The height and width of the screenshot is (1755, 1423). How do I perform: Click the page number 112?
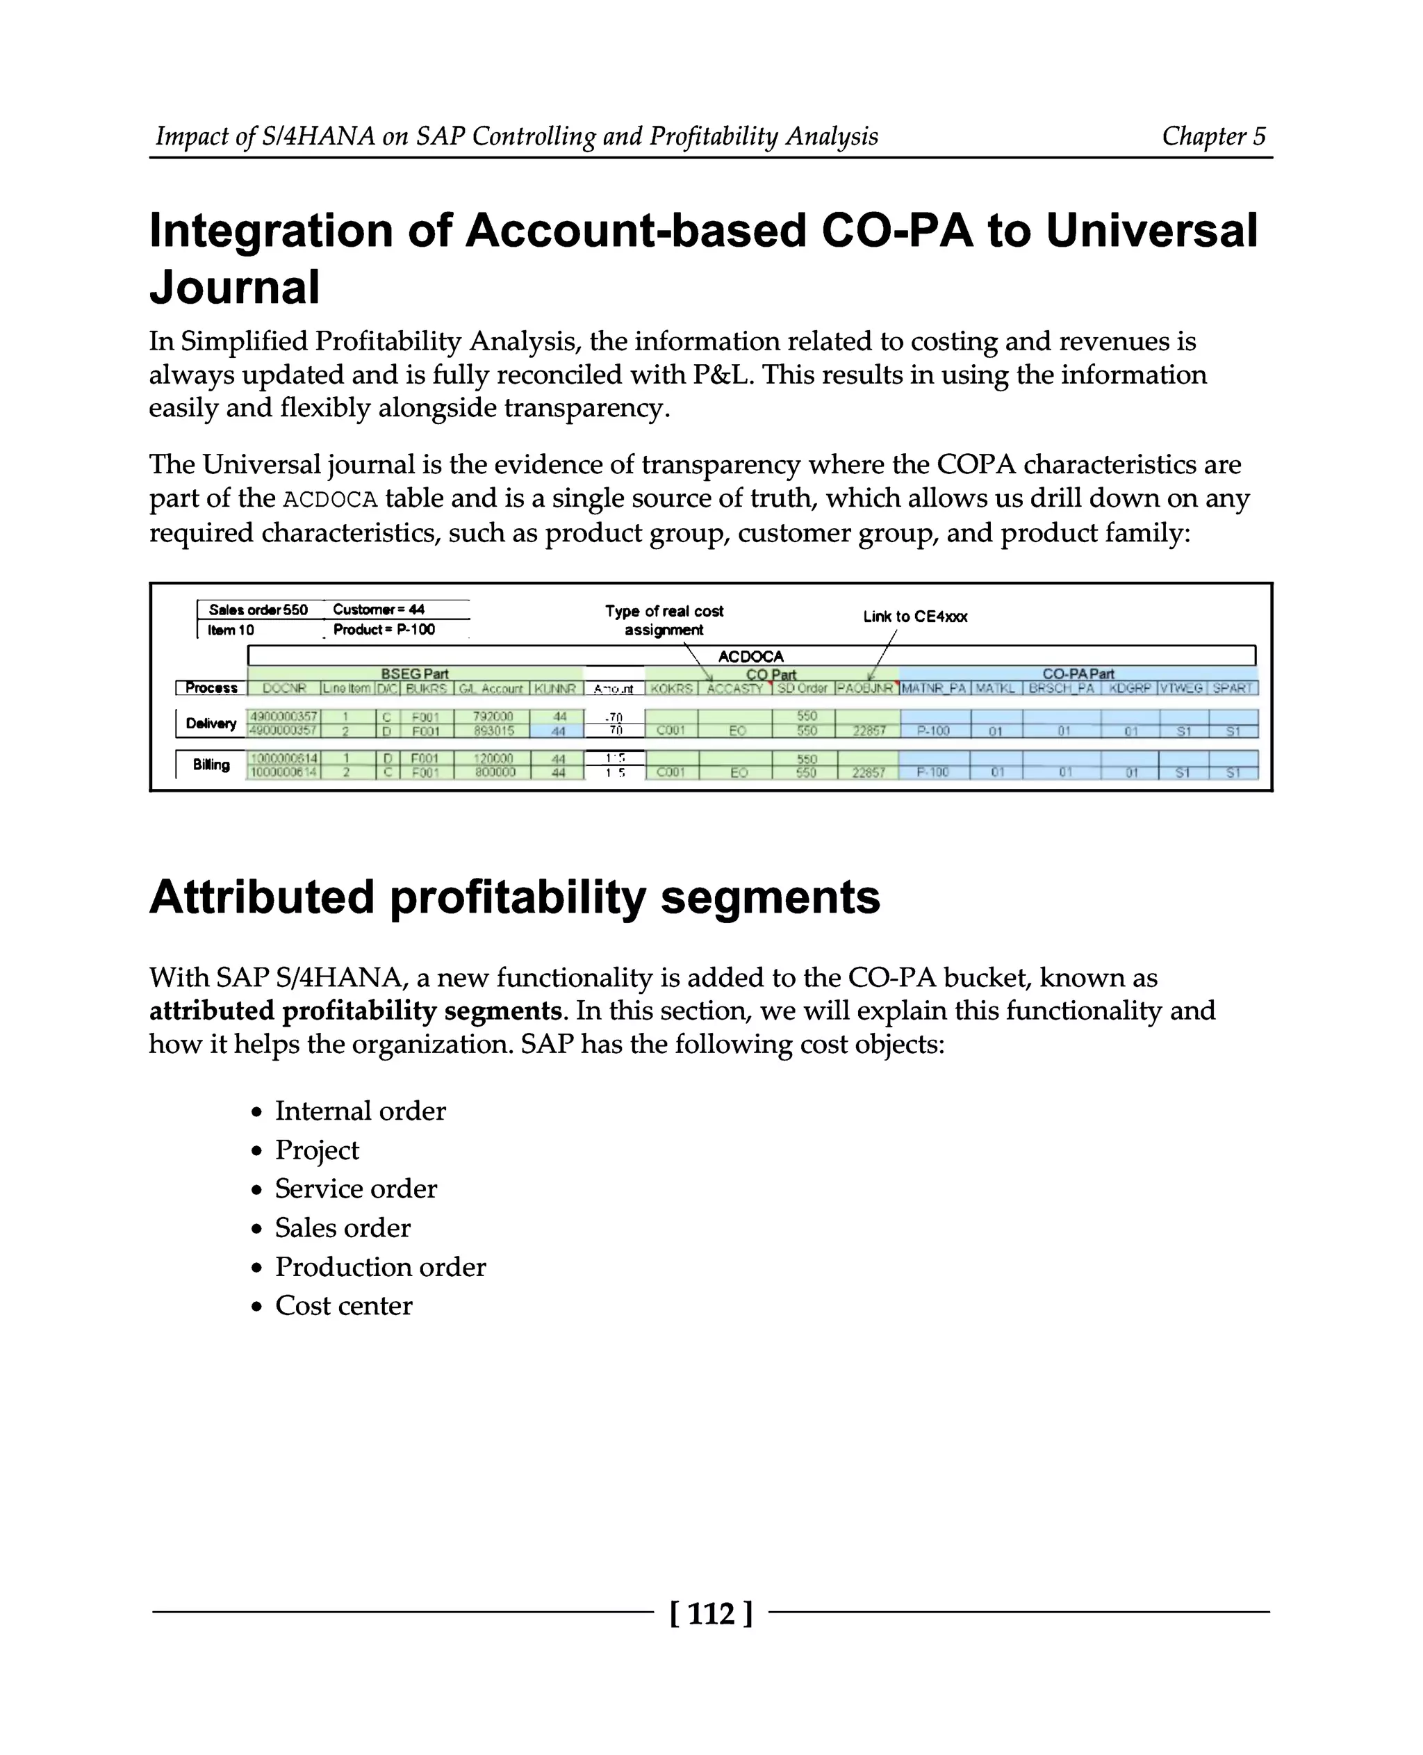711,1613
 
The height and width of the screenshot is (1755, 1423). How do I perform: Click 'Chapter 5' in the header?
1213,136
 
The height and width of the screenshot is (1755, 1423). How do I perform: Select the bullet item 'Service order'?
356,1189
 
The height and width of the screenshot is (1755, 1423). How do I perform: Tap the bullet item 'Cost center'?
343,1305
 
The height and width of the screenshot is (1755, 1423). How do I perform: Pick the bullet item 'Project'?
316,1150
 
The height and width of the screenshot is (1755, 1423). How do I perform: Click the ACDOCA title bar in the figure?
751,656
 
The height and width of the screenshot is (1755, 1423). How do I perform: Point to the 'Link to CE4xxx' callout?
915,617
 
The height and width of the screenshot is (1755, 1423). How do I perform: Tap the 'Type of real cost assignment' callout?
664,620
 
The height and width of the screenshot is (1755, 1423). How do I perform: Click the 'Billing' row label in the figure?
211,765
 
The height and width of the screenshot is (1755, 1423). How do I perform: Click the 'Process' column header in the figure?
211,688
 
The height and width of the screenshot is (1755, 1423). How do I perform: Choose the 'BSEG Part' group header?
415,674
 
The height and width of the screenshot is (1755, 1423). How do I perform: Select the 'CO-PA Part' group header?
1078,674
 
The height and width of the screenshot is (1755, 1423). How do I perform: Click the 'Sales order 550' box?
258,610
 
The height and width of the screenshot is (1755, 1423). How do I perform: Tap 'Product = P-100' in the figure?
384,630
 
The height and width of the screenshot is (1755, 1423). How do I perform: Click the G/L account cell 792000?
493,717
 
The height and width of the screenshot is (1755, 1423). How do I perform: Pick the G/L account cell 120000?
493,758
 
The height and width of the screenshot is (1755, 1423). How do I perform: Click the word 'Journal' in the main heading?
234,287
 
